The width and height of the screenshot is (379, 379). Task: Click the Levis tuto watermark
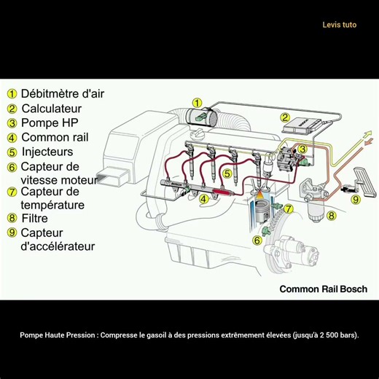tap(339, 25)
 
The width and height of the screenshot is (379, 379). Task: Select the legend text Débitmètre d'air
tap(63, 93)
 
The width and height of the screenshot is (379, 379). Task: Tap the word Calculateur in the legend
tap(52, 108)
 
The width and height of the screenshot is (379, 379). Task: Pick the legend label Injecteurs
tap(47, 152)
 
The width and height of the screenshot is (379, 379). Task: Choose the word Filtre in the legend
tap(34, 218)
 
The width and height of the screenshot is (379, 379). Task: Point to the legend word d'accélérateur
tap(58, 246)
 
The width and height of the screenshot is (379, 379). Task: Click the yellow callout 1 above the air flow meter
tap(197, 103)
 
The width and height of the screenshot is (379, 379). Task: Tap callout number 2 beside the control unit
tap(286, 117)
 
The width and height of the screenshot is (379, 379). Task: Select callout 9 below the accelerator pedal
tap(356, 198)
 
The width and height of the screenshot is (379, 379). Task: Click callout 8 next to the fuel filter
tap(331, 216)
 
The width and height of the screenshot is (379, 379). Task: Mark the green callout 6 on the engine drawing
tap(257, 240)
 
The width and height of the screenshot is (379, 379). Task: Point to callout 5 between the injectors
tap(227, 173)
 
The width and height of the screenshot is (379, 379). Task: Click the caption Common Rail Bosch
tap(323, 289)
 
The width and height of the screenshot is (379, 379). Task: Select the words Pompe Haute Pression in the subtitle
tap(58, 336)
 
